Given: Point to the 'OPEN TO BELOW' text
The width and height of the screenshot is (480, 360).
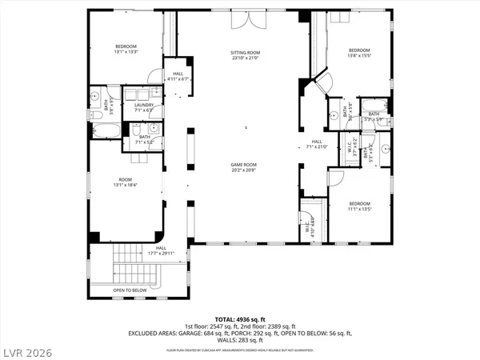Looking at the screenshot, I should coord(130,290).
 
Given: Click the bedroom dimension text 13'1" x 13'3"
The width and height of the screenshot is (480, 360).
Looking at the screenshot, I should coord(126,51).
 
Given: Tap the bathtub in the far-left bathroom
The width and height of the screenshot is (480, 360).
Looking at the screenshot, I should coord(105,130).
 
